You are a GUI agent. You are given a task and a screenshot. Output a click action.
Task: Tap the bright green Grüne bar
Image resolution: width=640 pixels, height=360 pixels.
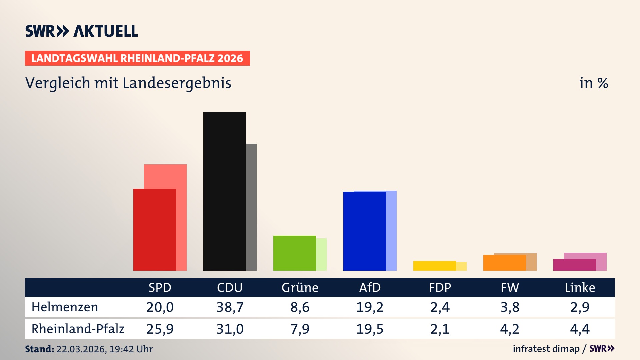[294, 253]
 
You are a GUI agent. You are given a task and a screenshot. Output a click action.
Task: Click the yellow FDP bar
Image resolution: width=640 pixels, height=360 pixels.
[434, 266]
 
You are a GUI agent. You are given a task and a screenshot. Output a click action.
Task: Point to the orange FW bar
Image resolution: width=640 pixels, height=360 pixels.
[504, 263]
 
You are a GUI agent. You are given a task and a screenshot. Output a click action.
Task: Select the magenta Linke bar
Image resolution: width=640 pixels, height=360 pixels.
[574, 265]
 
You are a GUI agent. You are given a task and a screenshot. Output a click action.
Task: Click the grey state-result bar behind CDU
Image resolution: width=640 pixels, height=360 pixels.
[251, 207]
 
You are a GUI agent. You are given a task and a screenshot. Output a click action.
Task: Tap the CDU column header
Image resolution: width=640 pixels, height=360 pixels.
[230, 287]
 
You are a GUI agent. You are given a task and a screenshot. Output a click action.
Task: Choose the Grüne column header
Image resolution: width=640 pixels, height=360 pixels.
[300, 287]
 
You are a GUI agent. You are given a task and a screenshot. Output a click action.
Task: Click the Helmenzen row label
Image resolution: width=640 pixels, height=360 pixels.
[65, 307]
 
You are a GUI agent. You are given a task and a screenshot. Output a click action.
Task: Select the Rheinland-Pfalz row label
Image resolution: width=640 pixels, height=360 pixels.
[78, 329]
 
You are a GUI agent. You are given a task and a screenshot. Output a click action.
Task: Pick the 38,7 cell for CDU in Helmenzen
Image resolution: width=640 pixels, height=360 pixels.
[230, 307]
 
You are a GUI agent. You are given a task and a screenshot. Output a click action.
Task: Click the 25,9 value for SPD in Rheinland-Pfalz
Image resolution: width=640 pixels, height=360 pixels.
[160, 329]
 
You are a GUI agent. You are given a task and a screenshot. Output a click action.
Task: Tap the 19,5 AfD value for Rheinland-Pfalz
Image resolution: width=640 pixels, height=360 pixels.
[370, 329]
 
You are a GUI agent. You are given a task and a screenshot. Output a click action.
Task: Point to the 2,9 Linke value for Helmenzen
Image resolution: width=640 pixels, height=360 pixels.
[580, 307]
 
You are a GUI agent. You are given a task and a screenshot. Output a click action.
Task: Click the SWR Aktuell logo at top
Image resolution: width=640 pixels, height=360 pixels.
[82, 31]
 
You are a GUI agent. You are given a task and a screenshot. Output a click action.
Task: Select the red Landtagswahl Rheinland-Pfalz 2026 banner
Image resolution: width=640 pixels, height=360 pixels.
[137, 58]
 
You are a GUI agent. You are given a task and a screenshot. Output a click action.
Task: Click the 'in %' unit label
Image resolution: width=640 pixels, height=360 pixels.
[593, 83]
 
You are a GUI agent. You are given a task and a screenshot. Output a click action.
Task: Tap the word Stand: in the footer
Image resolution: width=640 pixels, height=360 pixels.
[39, 349]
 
